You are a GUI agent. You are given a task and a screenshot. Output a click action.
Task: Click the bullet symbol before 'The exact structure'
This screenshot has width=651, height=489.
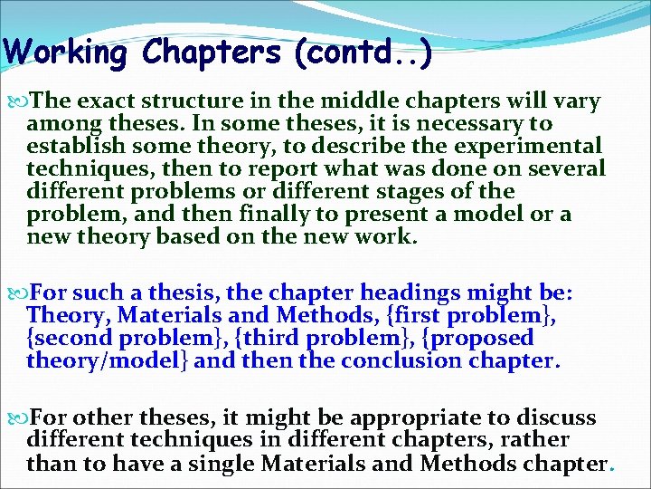click(x=22, y=101)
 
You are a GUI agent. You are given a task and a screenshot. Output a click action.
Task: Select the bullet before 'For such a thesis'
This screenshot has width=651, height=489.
click(x=22, y=292)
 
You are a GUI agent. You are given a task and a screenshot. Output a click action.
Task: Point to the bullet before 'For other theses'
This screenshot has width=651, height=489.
click(x=22, y=418)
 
